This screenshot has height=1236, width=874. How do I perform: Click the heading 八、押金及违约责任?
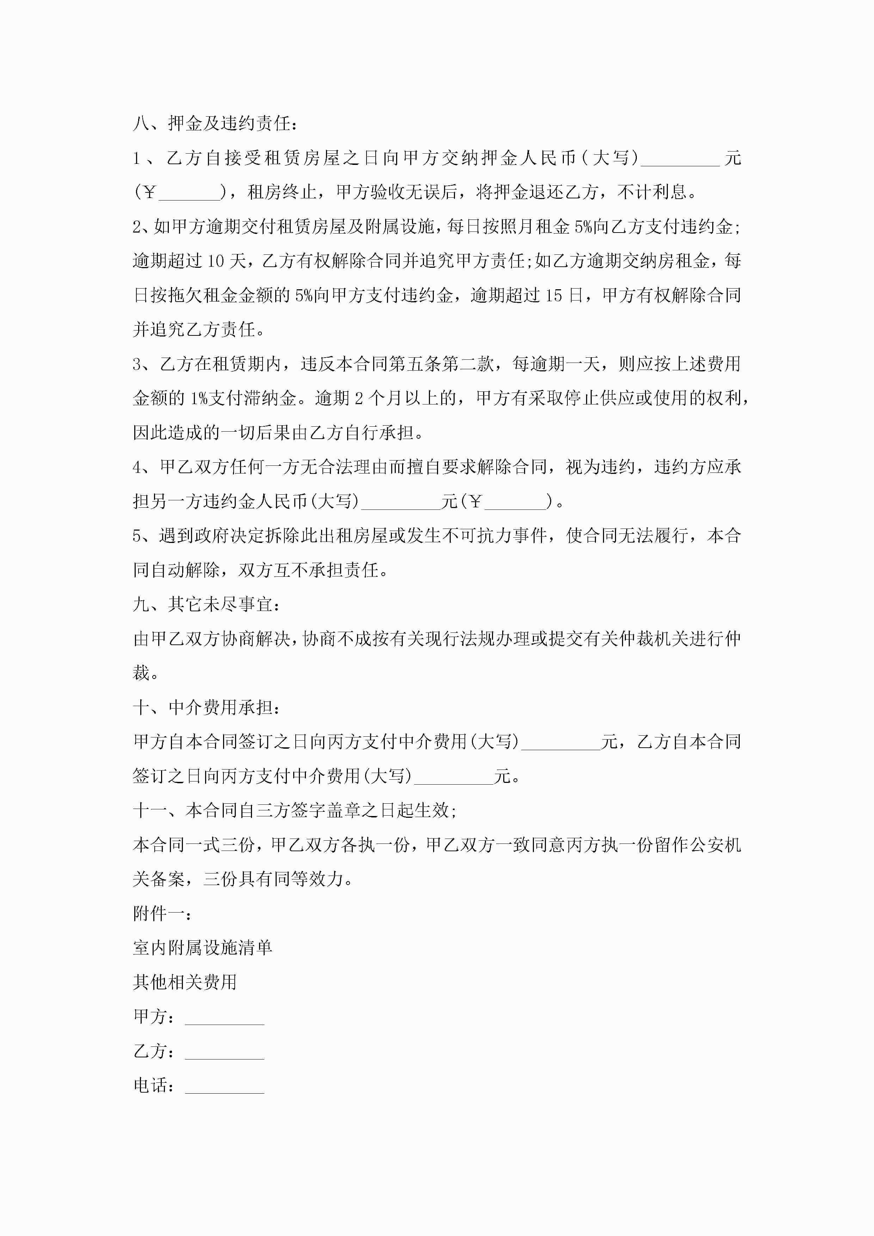[214, 124]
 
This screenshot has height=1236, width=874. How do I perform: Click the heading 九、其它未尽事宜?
[206, 605]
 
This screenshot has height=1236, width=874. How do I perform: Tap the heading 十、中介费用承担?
[206, 707]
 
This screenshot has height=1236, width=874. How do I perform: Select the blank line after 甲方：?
[224, 1018]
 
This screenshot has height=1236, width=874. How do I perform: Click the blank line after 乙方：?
[224, 1052]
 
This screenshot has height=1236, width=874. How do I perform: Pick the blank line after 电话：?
[224, 1086]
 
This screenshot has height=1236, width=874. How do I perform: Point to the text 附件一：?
[161, 914]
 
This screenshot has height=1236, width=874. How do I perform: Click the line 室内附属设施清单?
[203, 948]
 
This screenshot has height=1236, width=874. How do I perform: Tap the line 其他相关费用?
[185, 982]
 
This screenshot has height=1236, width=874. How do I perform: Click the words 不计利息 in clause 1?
[652, 192]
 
